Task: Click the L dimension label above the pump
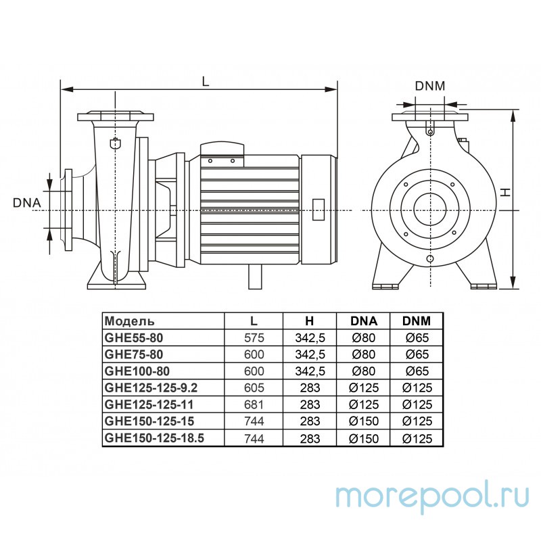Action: pos(206,81)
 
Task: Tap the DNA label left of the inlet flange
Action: pos(27,203)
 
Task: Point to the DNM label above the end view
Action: pos(430,86)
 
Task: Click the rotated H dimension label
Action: pos(505,193)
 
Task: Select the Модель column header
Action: pos(129,321)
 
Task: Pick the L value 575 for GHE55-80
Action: pos(254,337)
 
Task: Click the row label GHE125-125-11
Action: pos(149,404)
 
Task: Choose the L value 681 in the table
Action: pos(254,404)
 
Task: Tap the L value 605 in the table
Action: pos(254,387)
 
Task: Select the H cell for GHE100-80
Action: pos(310,371)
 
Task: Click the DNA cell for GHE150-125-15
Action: pos(364,421)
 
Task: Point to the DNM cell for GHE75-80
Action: pos(417,354)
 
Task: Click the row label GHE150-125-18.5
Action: pos(155,438)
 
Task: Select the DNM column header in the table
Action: pos(417,321)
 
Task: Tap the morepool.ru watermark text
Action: pos(432,498)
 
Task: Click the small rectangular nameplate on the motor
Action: pos(318,210)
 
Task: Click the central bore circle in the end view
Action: pos(430,209)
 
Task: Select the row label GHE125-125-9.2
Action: pos(151,387)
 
